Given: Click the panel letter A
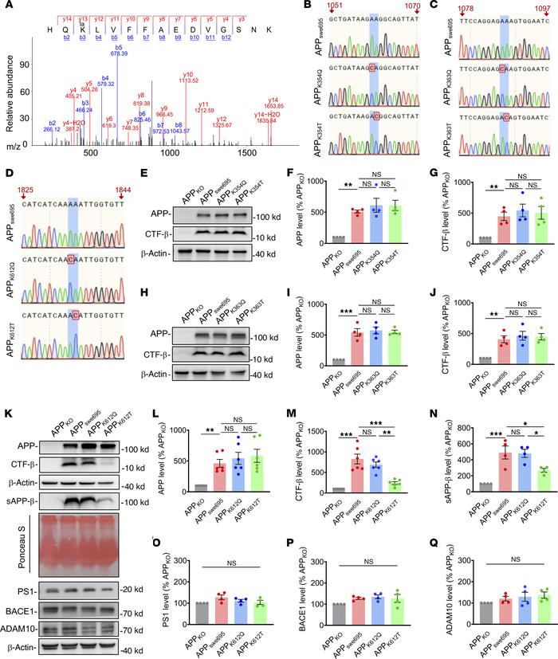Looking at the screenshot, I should pyautogui.click(x=7, y=7).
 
